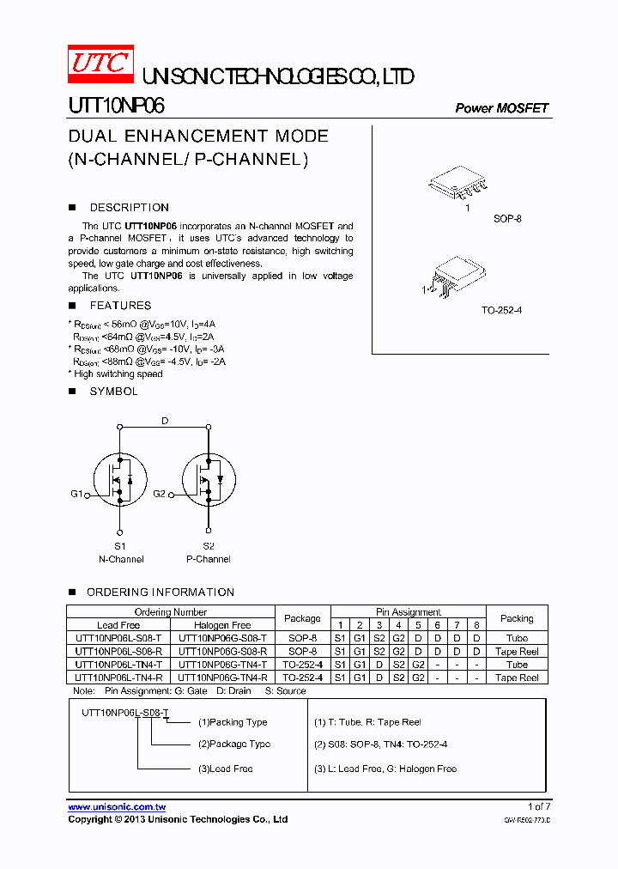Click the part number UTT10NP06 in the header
(x=117, y=106)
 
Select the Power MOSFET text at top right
(x=501, y=108)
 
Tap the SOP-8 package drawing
(x=460, y=184)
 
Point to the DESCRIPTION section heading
(x=129, y=208)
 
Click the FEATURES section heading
(x=120, y=306)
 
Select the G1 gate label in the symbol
(x=76, y=495)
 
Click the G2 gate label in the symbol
(x=159, y=495)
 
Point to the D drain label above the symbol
(x=164, y=420)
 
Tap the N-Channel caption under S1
(x=121, y=559)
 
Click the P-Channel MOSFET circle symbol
(x=208, y=480)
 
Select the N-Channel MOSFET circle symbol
(x=120, y=480)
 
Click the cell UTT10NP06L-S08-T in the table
(x=118, y=638)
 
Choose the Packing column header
(x=517, y=618)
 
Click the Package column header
(x=302, y=618)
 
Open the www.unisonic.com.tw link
(x=117, y=807)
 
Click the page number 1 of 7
(x=538, y=807)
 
